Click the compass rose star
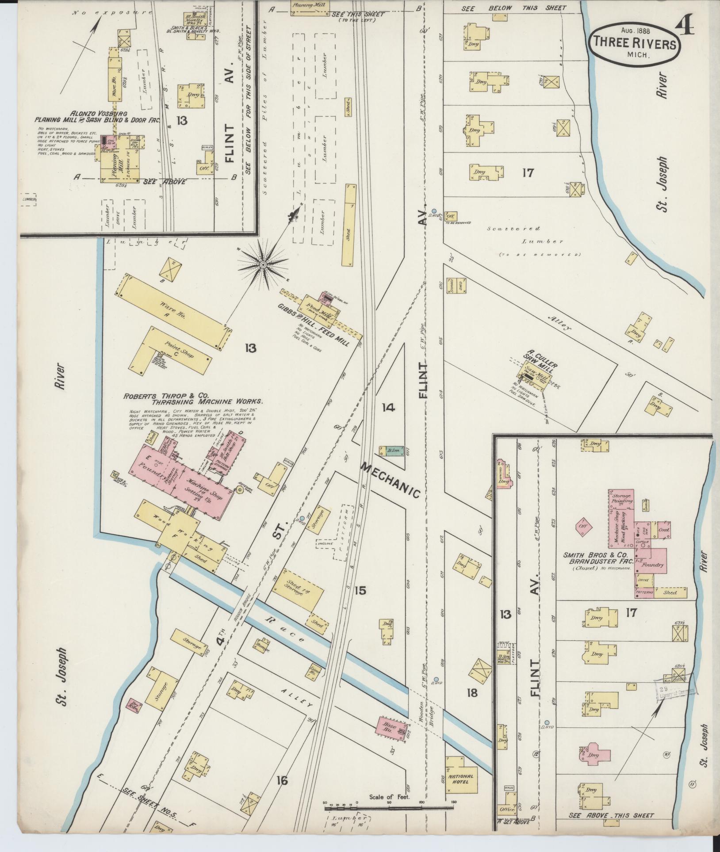[263, 264]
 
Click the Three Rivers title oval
[634, 44]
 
